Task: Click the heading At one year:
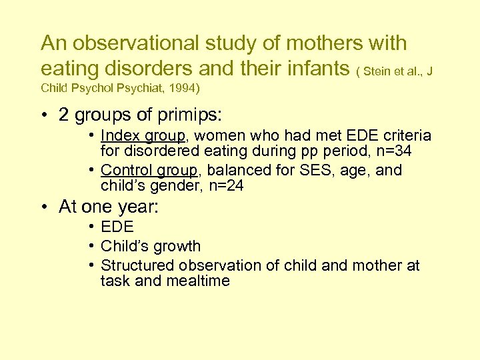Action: coord(109,207)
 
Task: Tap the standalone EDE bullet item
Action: coord(117,227)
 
